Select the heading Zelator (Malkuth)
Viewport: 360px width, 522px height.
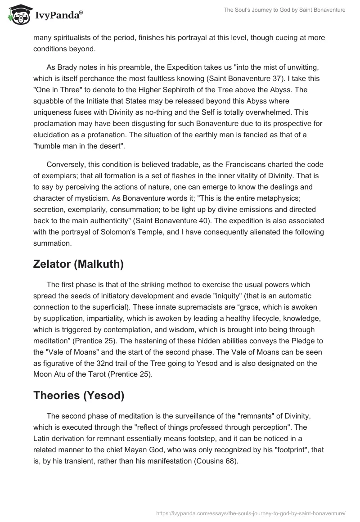click(x=78, y=264)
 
